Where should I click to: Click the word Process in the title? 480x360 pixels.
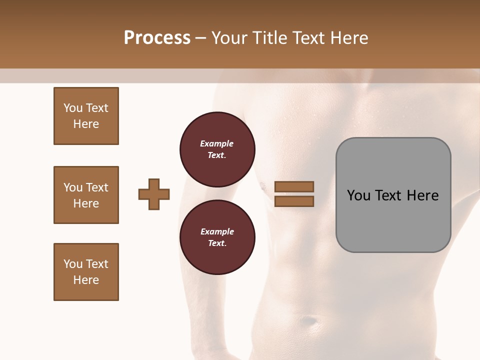pyautogui.click(x=157, y=38)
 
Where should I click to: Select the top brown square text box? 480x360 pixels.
pyautogui.click(x=86, y=116)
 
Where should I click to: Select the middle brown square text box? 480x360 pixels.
pyautogui.click(x=86, y=195)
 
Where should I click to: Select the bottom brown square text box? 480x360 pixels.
pyautogui.click(x=86, y=272)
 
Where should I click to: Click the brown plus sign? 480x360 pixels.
pyautogui.click(x=154, y=194)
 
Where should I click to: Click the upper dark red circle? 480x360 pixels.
pyautogui.click(x=217, y=149)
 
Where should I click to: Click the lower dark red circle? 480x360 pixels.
pyautogui.click(x=217, y=237)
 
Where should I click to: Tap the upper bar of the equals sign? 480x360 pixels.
pyautogui.click(x=294, y=187)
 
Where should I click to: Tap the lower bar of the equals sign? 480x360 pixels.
pyautogui.click(x=294, y=201)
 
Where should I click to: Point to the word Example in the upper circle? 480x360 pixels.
pyautogui.click(x=217, y=143)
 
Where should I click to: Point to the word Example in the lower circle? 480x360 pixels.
pyautogui.click(x=217, y=231)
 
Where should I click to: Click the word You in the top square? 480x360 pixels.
pyautogui.click(x=73, y=108)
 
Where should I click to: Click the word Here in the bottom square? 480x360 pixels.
pyautogui.click(x=86, y=280)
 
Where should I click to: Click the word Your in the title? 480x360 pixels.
pyautogui.click(x=228, y=38)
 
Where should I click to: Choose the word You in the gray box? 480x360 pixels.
pyautogui.click(x=358, y=195)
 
